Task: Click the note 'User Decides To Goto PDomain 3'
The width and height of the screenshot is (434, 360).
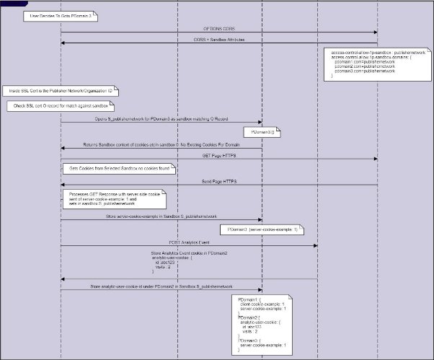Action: coord(59,14)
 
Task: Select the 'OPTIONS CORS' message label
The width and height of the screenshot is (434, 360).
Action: coord(219,29)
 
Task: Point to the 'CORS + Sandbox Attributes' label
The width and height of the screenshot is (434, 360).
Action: coord(219,40)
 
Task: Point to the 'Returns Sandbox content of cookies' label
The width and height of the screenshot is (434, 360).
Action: coord(160,145)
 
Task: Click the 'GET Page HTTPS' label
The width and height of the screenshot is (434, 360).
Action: coord(219,155)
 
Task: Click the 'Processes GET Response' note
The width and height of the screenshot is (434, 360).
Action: coord(114,199)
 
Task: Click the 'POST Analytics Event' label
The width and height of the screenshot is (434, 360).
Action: coord(189,242)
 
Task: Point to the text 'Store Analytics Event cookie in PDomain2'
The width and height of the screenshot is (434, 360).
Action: coord(189,253)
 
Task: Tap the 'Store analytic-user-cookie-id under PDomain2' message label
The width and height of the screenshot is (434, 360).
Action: coord(160,287)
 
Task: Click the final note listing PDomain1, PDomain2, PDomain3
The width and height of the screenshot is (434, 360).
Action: coord(264,324)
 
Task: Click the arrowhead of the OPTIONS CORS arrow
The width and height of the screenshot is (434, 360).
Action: coord(376,32)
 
